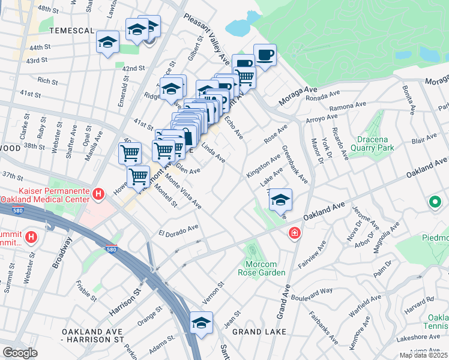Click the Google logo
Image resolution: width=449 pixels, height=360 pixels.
coord(20,353)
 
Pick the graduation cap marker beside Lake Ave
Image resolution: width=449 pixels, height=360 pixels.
coord(280,200)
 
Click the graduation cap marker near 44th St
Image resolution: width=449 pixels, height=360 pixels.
coord(108,42)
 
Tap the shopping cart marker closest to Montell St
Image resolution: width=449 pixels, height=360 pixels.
coord(139,176)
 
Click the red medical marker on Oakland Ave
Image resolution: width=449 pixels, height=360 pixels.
coord(295,233)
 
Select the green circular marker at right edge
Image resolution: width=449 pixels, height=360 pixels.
coord(435,203)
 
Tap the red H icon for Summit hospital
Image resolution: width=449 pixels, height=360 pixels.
coord(30,237)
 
